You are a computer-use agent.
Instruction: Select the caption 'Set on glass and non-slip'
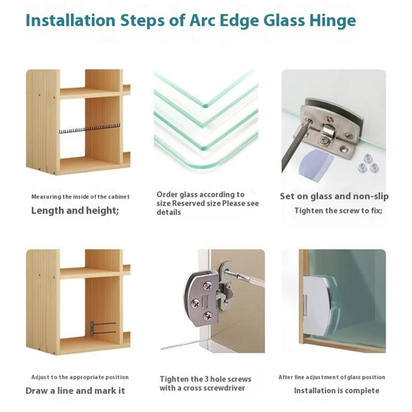pyautogui.click(x=334, y=196)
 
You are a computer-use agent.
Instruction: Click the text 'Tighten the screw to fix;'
pyautogui.click(x=338, y=211)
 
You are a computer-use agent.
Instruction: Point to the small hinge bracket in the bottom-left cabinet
pyautogui.click(x=92, y=327)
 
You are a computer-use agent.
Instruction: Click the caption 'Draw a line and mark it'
pyautogui.click(x=75, y=390)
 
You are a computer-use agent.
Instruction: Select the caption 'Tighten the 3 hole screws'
pyautogui.click(x=205, y=379)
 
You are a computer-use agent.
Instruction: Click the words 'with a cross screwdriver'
pyautogui.click(x=202, y=388)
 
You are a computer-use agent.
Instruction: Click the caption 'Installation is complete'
pyautogui.click(x=336, y=390)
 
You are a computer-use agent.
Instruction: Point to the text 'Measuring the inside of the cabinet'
pyautogui.click(x=80, y=197)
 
